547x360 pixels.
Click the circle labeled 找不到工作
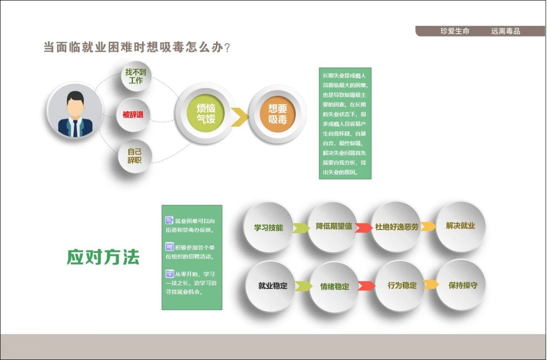click(136, 76)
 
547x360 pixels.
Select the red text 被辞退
click(133, 115)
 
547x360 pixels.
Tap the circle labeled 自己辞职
click(135, 156)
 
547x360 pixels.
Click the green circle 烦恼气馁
click(206, 114)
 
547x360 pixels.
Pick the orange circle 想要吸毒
click(277, 114)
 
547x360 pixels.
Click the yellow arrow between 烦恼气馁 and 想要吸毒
click(239, 117)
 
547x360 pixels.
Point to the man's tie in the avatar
click(75, 128)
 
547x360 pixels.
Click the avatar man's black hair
click(76, 97)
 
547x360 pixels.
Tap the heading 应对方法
click(103, 257)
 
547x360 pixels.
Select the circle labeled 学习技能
click(268, 227)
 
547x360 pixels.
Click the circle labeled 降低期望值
click(334, 227)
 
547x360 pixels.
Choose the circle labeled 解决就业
click(461, 226)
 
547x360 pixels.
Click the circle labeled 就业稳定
click(272, 286)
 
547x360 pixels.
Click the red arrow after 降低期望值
click(363, 227)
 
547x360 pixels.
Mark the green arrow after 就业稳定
click(303, 286)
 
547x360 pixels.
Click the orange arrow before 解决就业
click(428, 227)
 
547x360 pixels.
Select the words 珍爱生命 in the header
click(455, 31)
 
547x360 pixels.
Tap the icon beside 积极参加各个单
click(170, 247)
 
